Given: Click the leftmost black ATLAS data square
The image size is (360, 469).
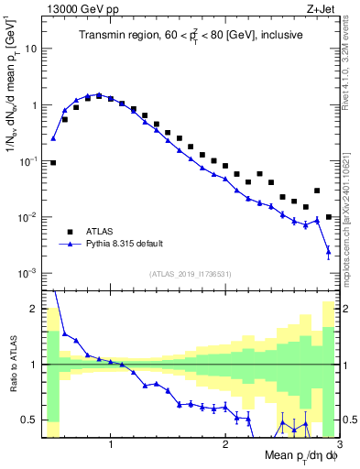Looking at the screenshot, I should coord(53,163).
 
